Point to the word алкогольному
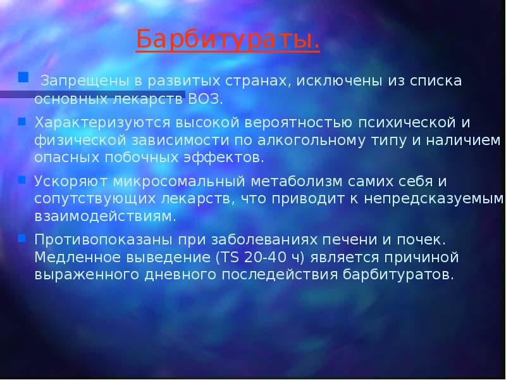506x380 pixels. (x=321, y=139)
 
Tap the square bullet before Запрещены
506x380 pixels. (x=23, y=78)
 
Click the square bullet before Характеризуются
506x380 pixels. (x=22, y=119)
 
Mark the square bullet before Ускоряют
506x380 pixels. (x=22, y=179)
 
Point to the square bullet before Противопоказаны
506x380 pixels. (x=22, y=238)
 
